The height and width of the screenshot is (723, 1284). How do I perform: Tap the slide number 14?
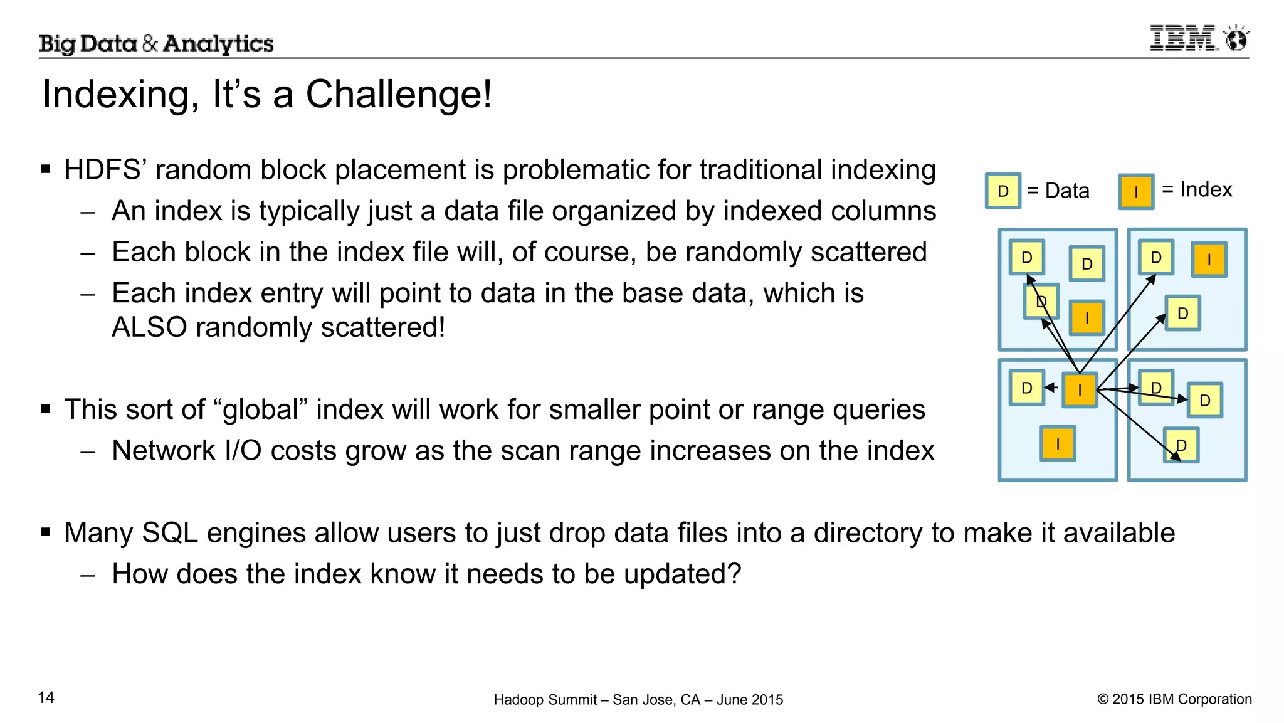click(x=46, y=697)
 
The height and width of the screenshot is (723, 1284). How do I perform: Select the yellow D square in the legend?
click(x=1002, y=191)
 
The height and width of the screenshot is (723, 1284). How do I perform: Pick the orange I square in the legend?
click(x=1136, y=192)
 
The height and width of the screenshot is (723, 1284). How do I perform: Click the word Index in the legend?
click(x=1206, y=189)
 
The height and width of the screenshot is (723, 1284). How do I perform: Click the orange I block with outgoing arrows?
click(x=1080, y=390)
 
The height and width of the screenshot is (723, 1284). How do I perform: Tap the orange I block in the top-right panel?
click(x=1209, y=260)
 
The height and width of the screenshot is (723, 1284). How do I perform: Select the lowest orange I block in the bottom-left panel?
click(x=1058, y=444)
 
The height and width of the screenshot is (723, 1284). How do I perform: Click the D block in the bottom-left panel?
click(x=1026, y=388)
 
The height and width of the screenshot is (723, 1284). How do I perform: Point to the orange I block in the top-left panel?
click(x=1087, y=318)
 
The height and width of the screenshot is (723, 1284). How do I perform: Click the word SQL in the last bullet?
click(x=169, y=533)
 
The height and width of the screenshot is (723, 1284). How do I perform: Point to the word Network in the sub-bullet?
click(x=163, y=451)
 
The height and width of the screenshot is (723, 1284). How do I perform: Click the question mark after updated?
click(x=734, y=574)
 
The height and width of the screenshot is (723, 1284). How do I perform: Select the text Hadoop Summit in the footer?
click(x=545, y=700)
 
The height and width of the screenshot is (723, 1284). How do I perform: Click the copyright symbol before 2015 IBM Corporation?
click(x=1103, y=699)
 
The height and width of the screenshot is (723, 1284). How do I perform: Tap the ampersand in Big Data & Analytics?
click(x=150, y=44)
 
